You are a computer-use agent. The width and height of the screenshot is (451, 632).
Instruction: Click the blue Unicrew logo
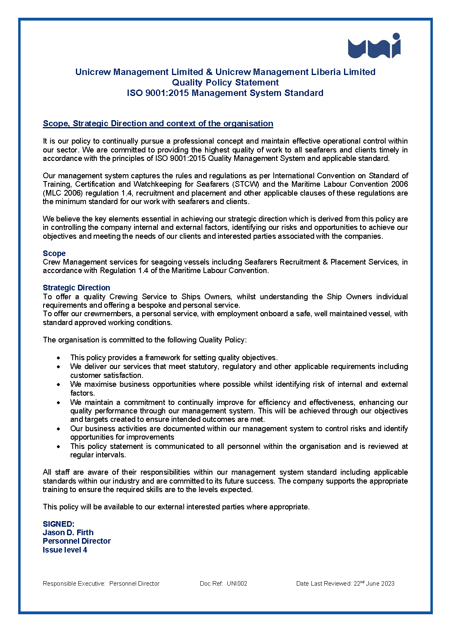pos(374,46)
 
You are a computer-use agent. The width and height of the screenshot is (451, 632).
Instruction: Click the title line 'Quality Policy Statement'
pos(225,83)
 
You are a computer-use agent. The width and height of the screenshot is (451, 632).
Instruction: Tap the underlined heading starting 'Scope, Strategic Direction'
pos(158,123)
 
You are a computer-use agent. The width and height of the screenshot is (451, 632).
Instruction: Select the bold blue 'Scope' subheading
pos(54,253)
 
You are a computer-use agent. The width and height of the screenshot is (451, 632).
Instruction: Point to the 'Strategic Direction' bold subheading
pos(76,288)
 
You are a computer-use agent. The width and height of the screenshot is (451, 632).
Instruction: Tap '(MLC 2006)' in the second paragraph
pos(59,193)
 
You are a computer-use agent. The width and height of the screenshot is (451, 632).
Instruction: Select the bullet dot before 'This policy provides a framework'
pos(59,358)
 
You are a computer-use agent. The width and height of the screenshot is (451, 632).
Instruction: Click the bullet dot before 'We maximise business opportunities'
pos(59,384)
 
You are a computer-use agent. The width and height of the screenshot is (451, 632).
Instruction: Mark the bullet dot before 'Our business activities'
pos(59,429)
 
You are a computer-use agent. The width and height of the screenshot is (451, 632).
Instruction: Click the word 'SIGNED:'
pos(59,524)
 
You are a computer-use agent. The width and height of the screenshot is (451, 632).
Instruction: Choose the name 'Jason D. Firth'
pos(68,532)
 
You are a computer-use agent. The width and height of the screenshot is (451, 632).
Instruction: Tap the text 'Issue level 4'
pos(65,550)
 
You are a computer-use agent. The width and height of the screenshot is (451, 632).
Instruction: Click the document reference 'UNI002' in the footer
pos(237,584)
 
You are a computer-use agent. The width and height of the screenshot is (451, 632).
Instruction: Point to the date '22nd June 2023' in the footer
pos(374,584)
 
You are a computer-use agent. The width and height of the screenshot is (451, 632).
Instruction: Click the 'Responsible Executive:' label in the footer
pos(74,584)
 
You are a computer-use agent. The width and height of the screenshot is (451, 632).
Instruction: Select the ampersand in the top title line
pos(209,72)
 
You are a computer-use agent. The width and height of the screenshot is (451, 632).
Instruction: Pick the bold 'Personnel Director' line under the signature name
pos(77,541)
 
